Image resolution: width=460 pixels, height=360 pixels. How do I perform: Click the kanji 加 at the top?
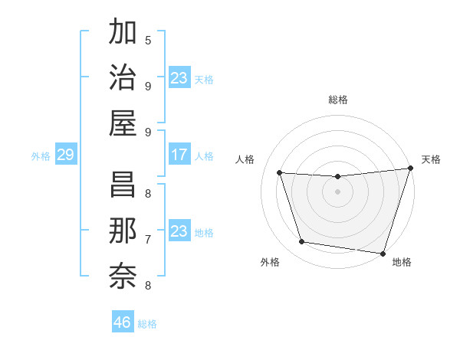[123, 33]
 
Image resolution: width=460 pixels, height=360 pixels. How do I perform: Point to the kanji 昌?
[123, 184]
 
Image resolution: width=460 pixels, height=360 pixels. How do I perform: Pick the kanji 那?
[123, 230]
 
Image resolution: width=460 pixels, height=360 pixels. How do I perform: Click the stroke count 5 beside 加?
[148, 40]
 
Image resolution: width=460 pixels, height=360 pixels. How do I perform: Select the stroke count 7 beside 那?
[148, 239]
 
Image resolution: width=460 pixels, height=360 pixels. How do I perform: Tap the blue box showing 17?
[179, 155]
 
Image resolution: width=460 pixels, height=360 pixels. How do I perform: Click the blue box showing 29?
[65, 155]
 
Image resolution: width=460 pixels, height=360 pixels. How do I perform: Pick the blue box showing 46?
[123, 322]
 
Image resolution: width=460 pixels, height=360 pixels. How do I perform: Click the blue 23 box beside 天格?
[179, 78]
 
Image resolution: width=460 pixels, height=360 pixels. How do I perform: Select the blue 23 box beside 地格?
[179, 231]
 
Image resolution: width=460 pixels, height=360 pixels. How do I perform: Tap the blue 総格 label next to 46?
[147, 324]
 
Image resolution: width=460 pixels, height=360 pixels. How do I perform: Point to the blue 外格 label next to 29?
[41, 156]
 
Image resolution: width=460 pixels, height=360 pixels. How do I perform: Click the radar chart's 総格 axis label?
[337, 100]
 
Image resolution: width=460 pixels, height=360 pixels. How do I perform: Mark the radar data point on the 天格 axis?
[410, 169]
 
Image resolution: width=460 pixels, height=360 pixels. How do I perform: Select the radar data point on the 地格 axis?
[383, 253]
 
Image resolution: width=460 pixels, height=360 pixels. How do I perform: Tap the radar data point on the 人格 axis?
[280, 173]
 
